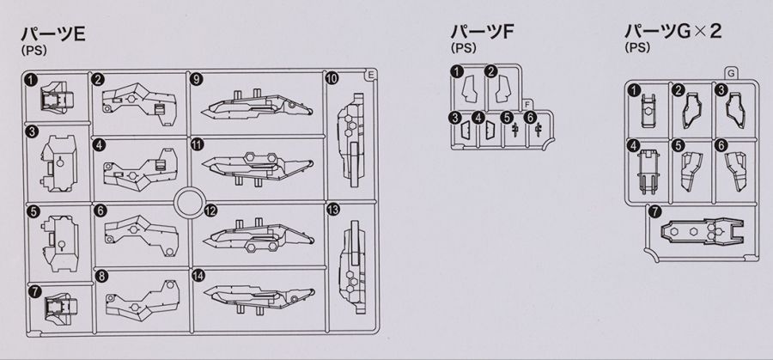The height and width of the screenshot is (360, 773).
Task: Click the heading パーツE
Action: click(x=53, y=35)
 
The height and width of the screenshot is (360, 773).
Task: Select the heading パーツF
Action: click(x=482, y=32)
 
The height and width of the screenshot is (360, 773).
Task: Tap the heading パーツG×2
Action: click(x=673, y=32)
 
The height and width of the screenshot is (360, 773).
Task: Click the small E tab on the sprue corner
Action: click(x=371, y=75)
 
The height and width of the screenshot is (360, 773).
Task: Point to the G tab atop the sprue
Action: click(x=732, y=74)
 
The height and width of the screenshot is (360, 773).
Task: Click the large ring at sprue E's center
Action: click(x=190, y=202)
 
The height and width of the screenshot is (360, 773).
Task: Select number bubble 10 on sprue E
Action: click(x=332, y=78)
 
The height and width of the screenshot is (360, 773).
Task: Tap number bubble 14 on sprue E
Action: click(x=198, y=276)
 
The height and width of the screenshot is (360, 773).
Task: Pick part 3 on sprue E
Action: click(x=59, y=163)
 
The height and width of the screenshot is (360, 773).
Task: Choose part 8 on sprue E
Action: click(x=143, y=297)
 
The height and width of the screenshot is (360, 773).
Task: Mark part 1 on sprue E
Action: click(x=56, y=98)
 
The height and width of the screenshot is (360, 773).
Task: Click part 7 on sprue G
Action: click(x=702, y=232)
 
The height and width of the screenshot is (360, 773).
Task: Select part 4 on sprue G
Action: click(x=648, y=171)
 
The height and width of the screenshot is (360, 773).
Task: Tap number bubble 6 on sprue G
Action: click(x=721, y=145)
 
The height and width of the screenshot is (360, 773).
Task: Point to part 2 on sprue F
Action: click(x=503, y=88)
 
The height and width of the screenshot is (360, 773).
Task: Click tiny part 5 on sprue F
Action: click(x=515, y=130)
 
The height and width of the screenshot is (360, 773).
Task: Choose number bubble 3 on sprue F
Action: click(x=455, y=118)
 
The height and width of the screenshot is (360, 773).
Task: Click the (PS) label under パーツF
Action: click(x=463, y=48)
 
